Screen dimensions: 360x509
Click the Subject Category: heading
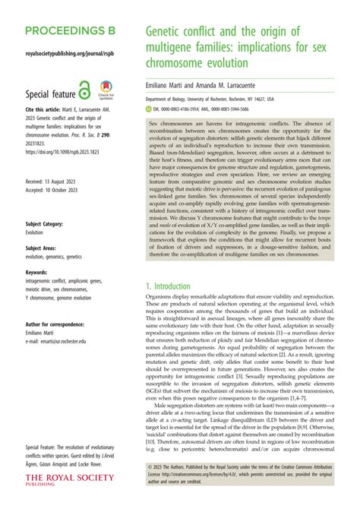[x=49, y=225]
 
